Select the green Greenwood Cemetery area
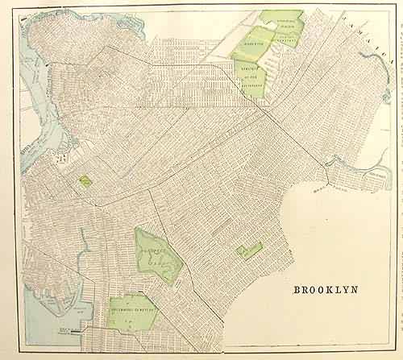click(x=131, y=312)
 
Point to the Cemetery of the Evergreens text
click(x=253, y=72)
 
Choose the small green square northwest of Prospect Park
click(x=85, y=181)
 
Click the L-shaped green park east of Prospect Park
click(x=249, y=250)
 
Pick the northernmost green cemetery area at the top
click(x=282, y=20)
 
